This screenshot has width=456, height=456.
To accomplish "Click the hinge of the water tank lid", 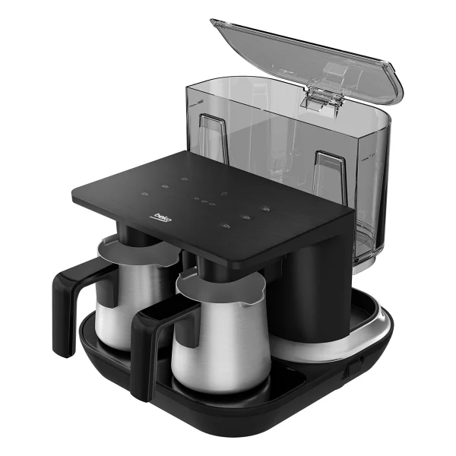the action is pyautogui.click(x=321, y=99).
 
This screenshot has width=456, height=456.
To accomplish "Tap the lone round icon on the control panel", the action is pyautogui.click(x=223, y=193).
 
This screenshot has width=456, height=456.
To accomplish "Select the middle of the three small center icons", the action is pyautogui.click(x=204, y=201).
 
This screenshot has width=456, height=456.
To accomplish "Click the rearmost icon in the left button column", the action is pyautogui.click(x=184, y=179).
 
